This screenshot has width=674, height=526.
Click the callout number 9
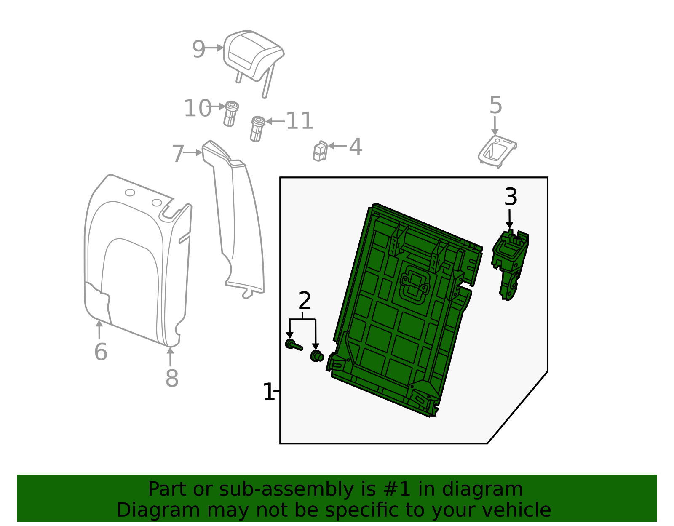(198, 50)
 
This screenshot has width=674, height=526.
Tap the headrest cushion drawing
(253, 55)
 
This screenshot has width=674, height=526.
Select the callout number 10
(197, 109)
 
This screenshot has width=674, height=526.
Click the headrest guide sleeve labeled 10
(230, 114)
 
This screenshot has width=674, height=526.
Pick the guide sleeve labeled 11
(257, 129)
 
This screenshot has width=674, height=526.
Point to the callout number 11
(300, 121)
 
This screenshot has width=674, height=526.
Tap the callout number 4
(356, 147)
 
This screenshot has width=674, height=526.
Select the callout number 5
(496, 105)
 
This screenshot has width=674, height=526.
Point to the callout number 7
(178, 154)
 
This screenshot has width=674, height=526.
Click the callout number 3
(511, 197)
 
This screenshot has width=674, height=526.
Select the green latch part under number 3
(510, 261)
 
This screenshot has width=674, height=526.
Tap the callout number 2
(304, 301)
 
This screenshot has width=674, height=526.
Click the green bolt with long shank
(294, 345)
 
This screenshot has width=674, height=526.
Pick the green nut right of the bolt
(317, 356)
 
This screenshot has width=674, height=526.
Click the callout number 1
(268, 392)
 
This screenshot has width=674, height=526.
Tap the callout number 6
(101, 352)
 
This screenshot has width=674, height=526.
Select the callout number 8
(172, 379)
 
